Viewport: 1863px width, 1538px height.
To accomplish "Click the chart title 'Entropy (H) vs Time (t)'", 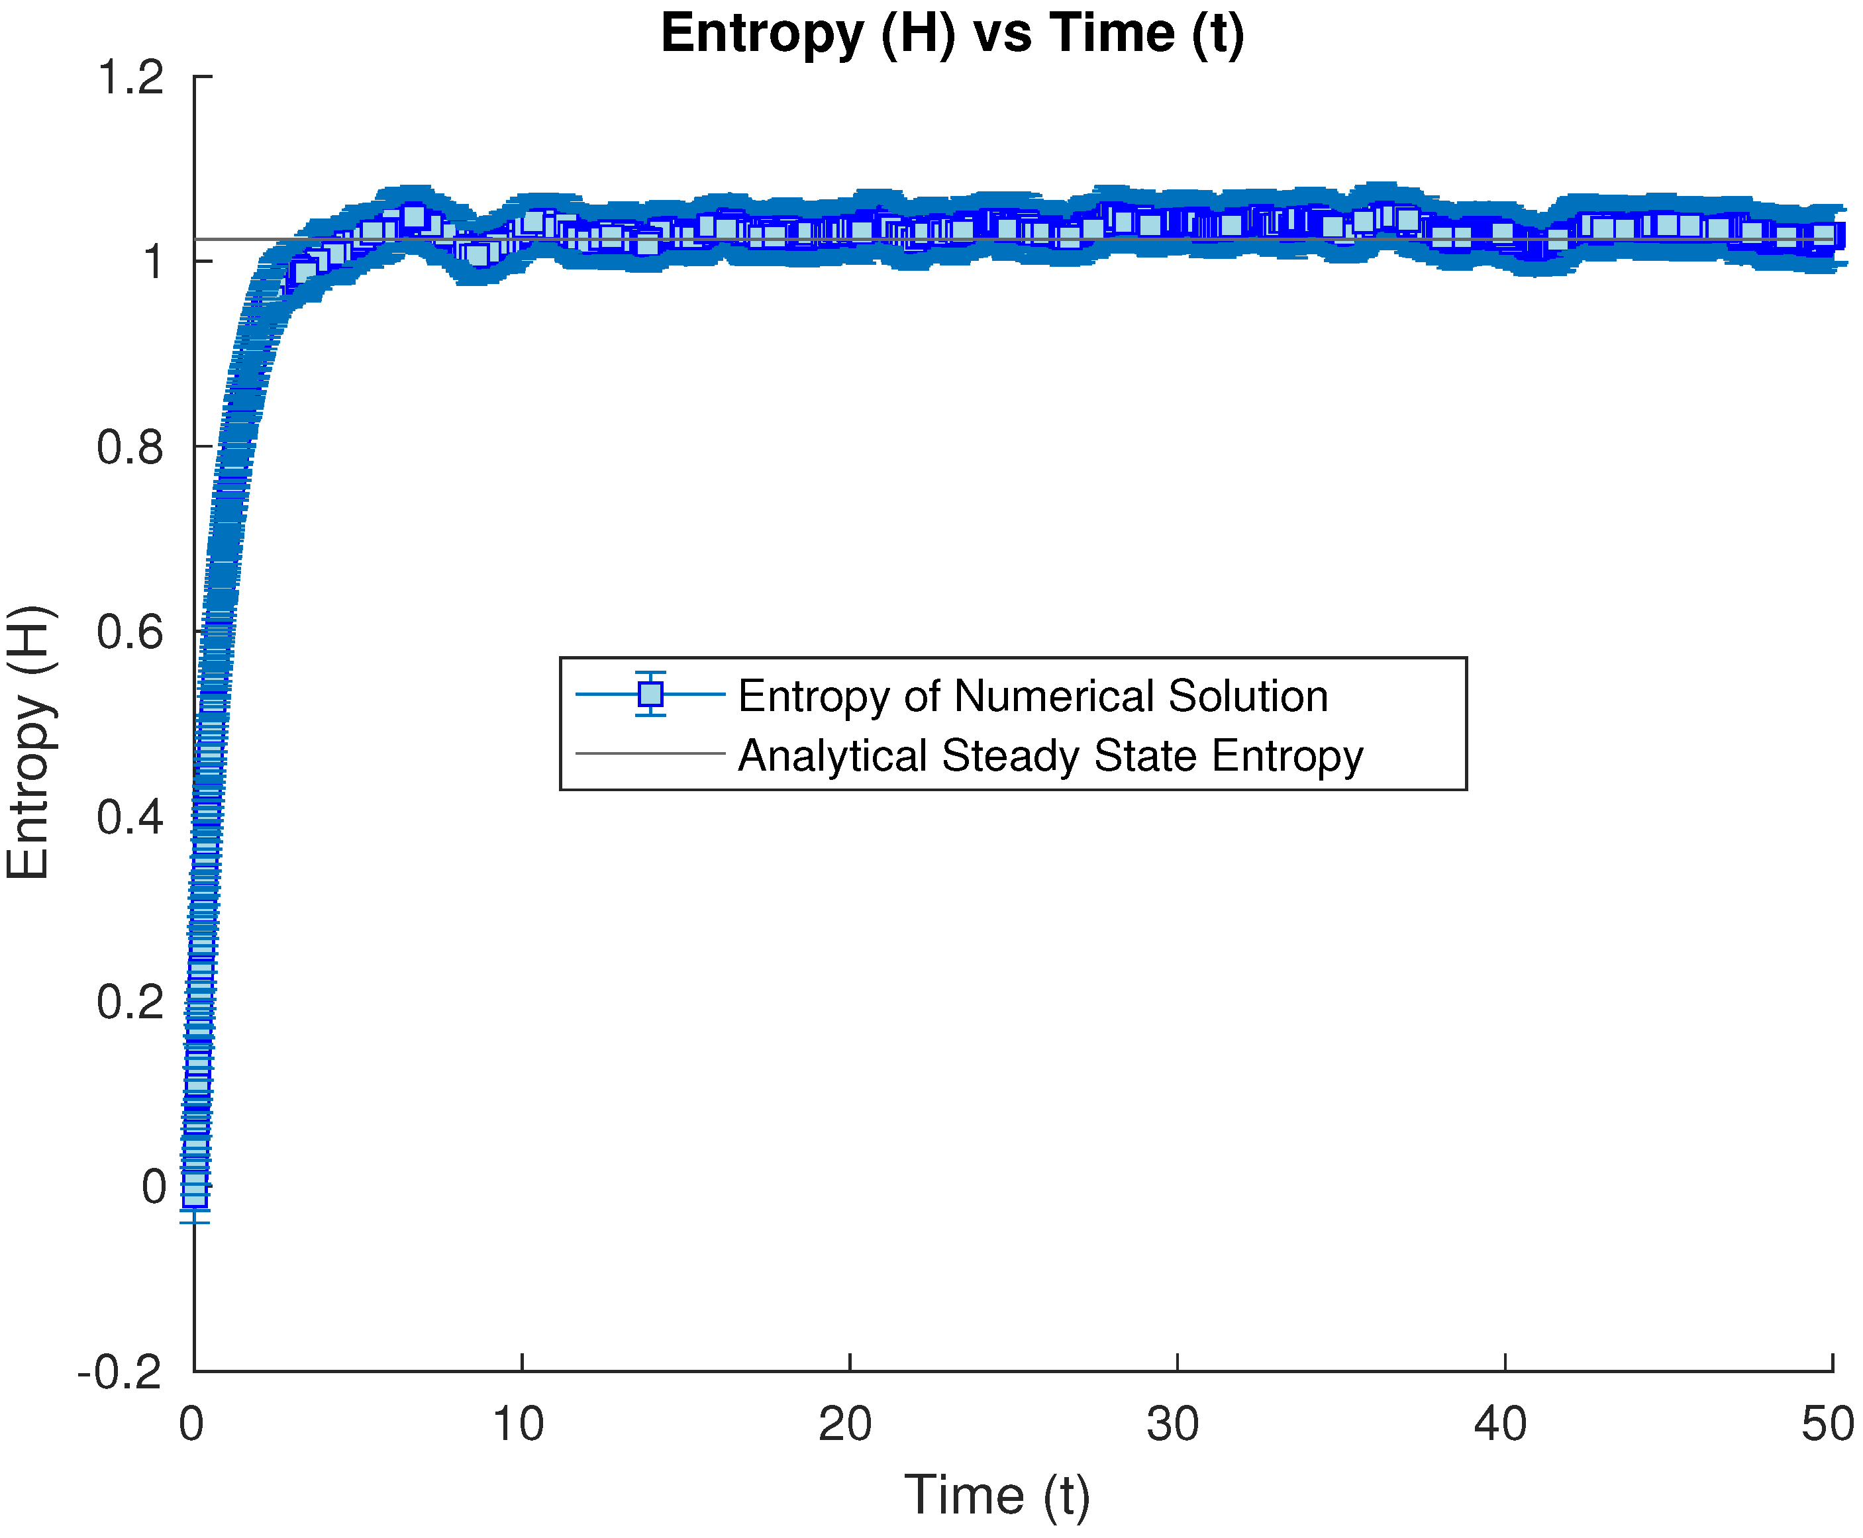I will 952,34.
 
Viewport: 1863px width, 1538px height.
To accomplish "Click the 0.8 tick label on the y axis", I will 130,448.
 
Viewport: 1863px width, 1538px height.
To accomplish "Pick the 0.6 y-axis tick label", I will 130,632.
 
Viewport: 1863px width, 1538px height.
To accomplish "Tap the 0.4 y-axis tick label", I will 130,817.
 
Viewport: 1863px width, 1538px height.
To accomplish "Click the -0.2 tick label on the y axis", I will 121,1372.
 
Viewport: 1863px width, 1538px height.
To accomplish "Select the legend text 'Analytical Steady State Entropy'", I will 1050,755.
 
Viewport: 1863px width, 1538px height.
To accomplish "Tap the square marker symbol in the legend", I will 650,694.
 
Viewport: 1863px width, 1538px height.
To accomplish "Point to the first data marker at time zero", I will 195,1190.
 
